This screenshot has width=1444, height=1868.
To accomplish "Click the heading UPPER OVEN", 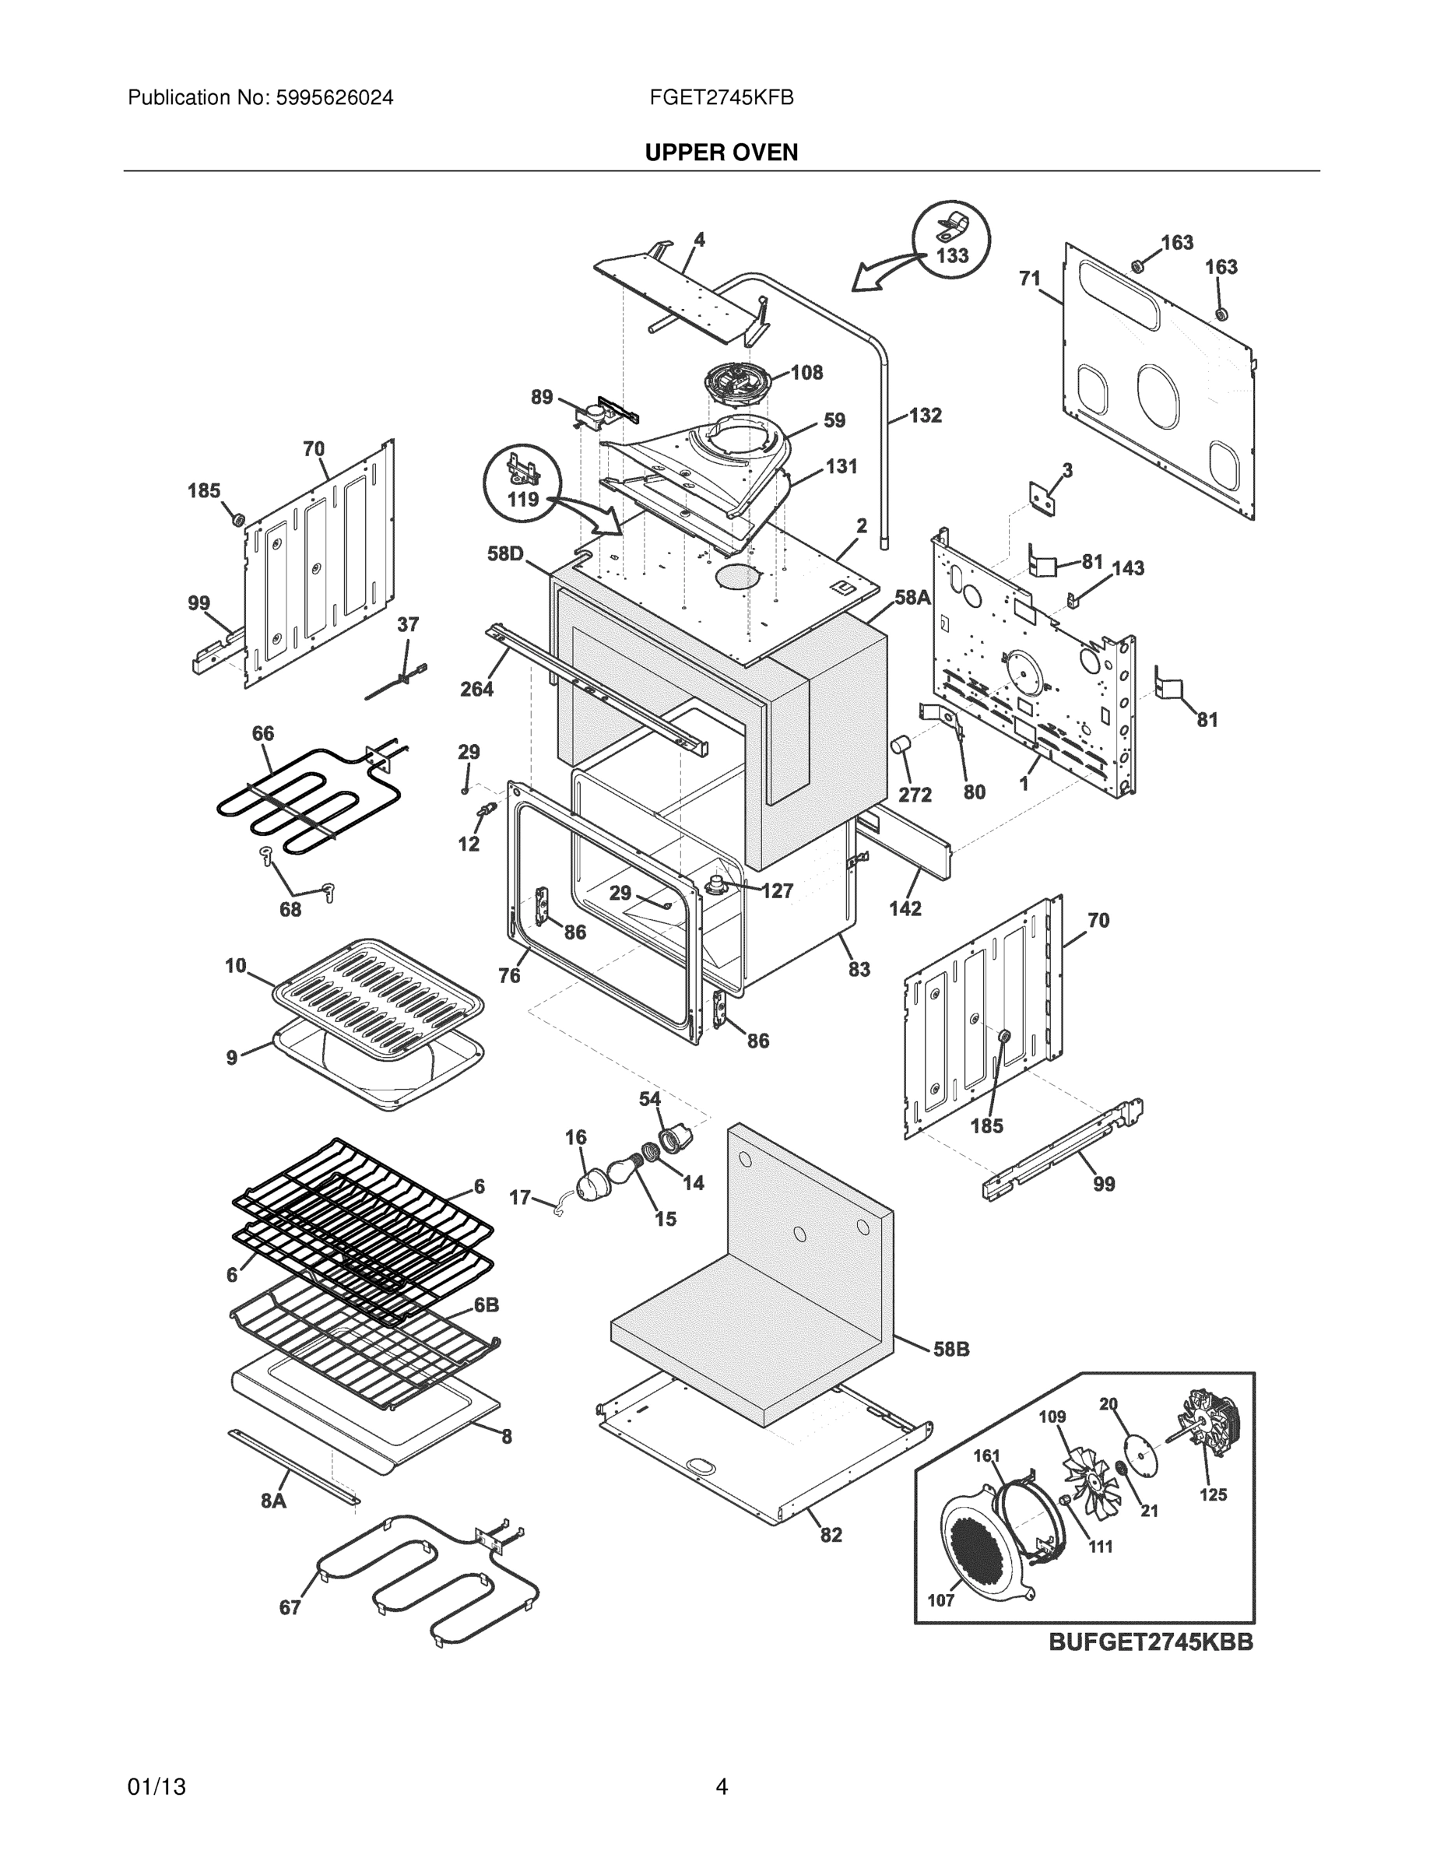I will point(721,153).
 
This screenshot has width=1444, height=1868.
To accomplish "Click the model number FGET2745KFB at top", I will point(721,97).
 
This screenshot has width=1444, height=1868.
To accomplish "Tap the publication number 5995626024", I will point(334,97).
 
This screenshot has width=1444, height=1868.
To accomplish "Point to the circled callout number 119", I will point(522,499).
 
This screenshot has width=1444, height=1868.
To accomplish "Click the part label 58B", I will point(950,1349).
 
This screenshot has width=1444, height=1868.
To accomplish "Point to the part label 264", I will point(476,689).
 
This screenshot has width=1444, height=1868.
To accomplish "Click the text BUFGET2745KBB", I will point(1151,1642).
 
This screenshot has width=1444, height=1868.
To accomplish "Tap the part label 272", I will point(915,795).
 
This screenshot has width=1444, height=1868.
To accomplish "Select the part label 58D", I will point(504,553).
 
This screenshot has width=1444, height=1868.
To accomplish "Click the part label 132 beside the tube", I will point(925,416).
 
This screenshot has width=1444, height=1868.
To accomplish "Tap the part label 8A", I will point(273,1500).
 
